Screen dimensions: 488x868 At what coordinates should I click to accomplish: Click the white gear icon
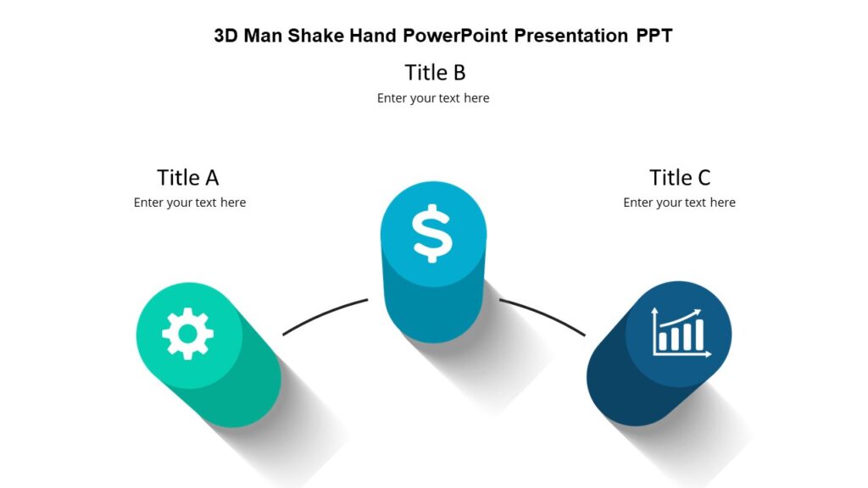188,334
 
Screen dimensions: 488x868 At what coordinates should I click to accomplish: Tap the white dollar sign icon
432,232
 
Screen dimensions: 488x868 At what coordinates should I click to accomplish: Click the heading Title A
188,177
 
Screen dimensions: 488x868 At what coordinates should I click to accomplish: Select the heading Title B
435,72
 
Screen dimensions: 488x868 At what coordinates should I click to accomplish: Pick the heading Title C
680,177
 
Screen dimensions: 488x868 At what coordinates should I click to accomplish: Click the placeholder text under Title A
190,202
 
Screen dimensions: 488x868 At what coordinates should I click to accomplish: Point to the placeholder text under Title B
433,98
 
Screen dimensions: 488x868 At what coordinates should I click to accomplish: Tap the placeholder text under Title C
679,202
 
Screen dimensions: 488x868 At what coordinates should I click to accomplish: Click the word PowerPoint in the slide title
456,36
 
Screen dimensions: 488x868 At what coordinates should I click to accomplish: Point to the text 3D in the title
225,36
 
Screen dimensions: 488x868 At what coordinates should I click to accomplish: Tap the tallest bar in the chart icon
699,335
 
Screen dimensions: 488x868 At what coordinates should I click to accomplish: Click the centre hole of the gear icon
188,334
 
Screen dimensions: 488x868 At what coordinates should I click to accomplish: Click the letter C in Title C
703,177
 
